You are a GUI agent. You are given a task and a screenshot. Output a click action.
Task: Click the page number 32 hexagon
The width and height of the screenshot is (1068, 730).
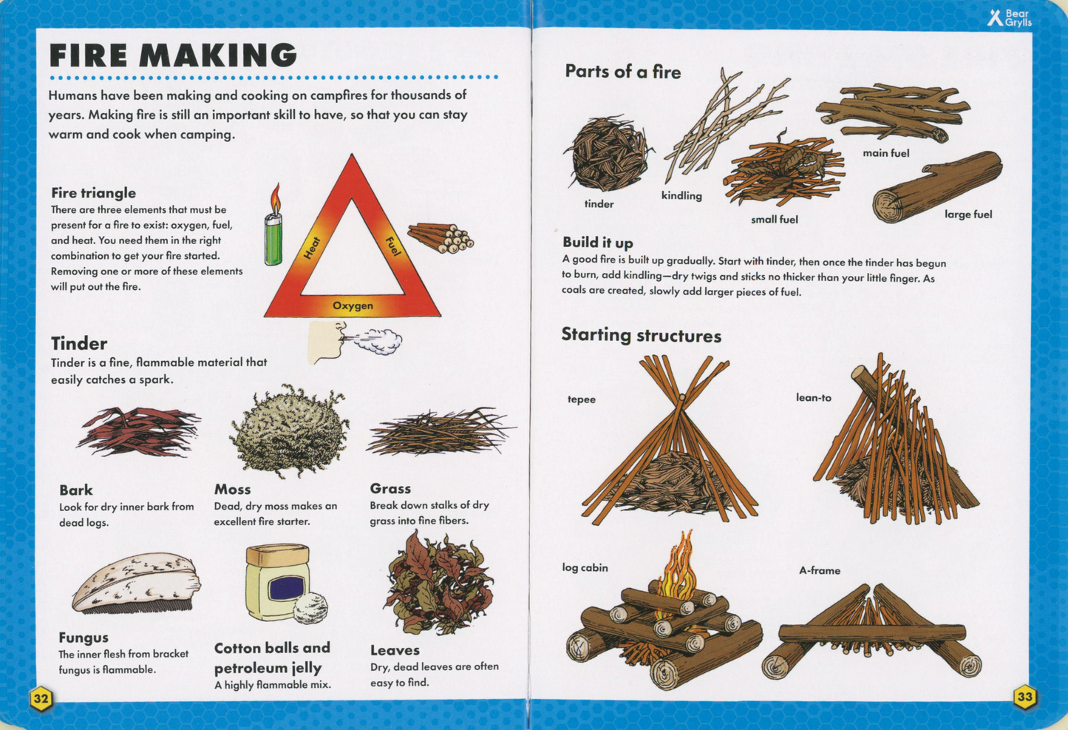pos(41,698)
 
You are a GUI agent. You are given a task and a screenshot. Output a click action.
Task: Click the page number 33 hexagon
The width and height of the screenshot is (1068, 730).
pos(1024,697)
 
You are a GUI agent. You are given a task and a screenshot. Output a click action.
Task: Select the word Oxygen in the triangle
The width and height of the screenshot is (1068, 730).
pos(353,305)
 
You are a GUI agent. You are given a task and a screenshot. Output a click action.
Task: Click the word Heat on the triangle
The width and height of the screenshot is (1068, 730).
pos(312,248)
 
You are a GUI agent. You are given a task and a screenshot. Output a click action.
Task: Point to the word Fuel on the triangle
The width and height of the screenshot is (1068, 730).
pos(392,247)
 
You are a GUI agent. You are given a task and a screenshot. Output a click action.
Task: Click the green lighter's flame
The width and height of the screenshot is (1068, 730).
pos(276,197)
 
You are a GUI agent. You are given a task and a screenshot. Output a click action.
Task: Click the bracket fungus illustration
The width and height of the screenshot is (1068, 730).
pos(136,584)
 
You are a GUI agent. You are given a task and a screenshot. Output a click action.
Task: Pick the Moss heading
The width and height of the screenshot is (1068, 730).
pos(232,489)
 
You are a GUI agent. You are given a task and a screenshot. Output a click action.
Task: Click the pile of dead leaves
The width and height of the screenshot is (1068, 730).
pos(438,584)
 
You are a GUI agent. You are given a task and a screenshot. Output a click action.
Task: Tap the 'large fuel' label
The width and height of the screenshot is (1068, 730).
pos(967,214)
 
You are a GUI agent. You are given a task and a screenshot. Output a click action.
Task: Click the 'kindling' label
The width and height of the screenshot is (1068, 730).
pos(681,196)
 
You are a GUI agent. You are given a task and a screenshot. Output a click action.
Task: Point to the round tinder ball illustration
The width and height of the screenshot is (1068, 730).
pos(608,154)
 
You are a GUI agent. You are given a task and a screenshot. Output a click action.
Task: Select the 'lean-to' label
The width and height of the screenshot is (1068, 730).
pos(813,398)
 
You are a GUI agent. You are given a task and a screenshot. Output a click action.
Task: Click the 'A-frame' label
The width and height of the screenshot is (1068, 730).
pos(819,570)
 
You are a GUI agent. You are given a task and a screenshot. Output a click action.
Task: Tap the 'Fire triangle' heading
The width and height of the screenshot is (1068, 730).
pos(93,193)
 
